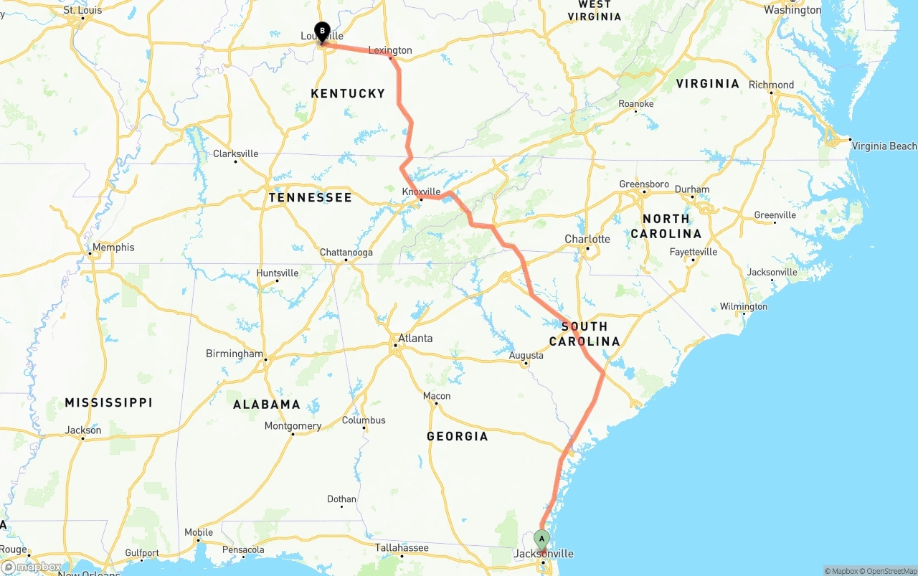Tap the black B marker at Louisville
point(322,32)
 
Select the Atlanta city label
point(415,338)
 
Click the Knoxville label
point(421,192)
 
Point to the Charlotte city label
point(587,239)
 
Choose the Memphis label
point(113,247)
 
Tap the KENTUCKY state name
point(348,93)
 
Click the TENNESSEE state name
point(310,197)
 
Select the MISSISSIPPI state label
point(108,402)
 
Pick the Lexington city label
point(390,50)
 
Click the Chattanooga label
point(346,252)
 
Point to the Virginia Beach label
point(884,146)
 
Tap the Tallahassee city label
point(402,548)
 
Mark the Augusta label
point(526,356)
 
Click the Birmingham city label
point(235,354)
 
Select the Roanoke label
point(636,104)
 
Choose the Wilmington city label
point(744,306)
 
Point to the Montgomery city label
point(293,426)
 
